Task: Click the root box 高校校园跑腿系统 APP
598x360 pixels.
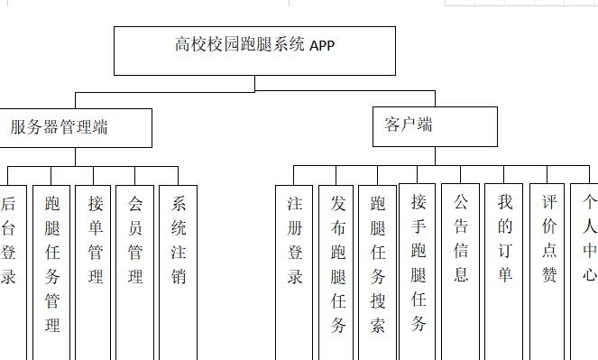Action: (254, 51)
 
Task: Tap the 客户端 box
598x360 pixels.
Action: (435, 126)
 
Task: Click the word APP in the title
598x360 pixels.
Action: (322, 45)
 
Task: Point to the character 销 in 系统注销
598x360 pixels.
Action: (178, 277)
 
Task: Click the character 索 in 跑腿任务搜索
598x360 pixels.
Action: (378, 326)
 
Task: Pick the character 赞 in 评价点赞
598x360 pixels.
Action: (549, 275)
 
